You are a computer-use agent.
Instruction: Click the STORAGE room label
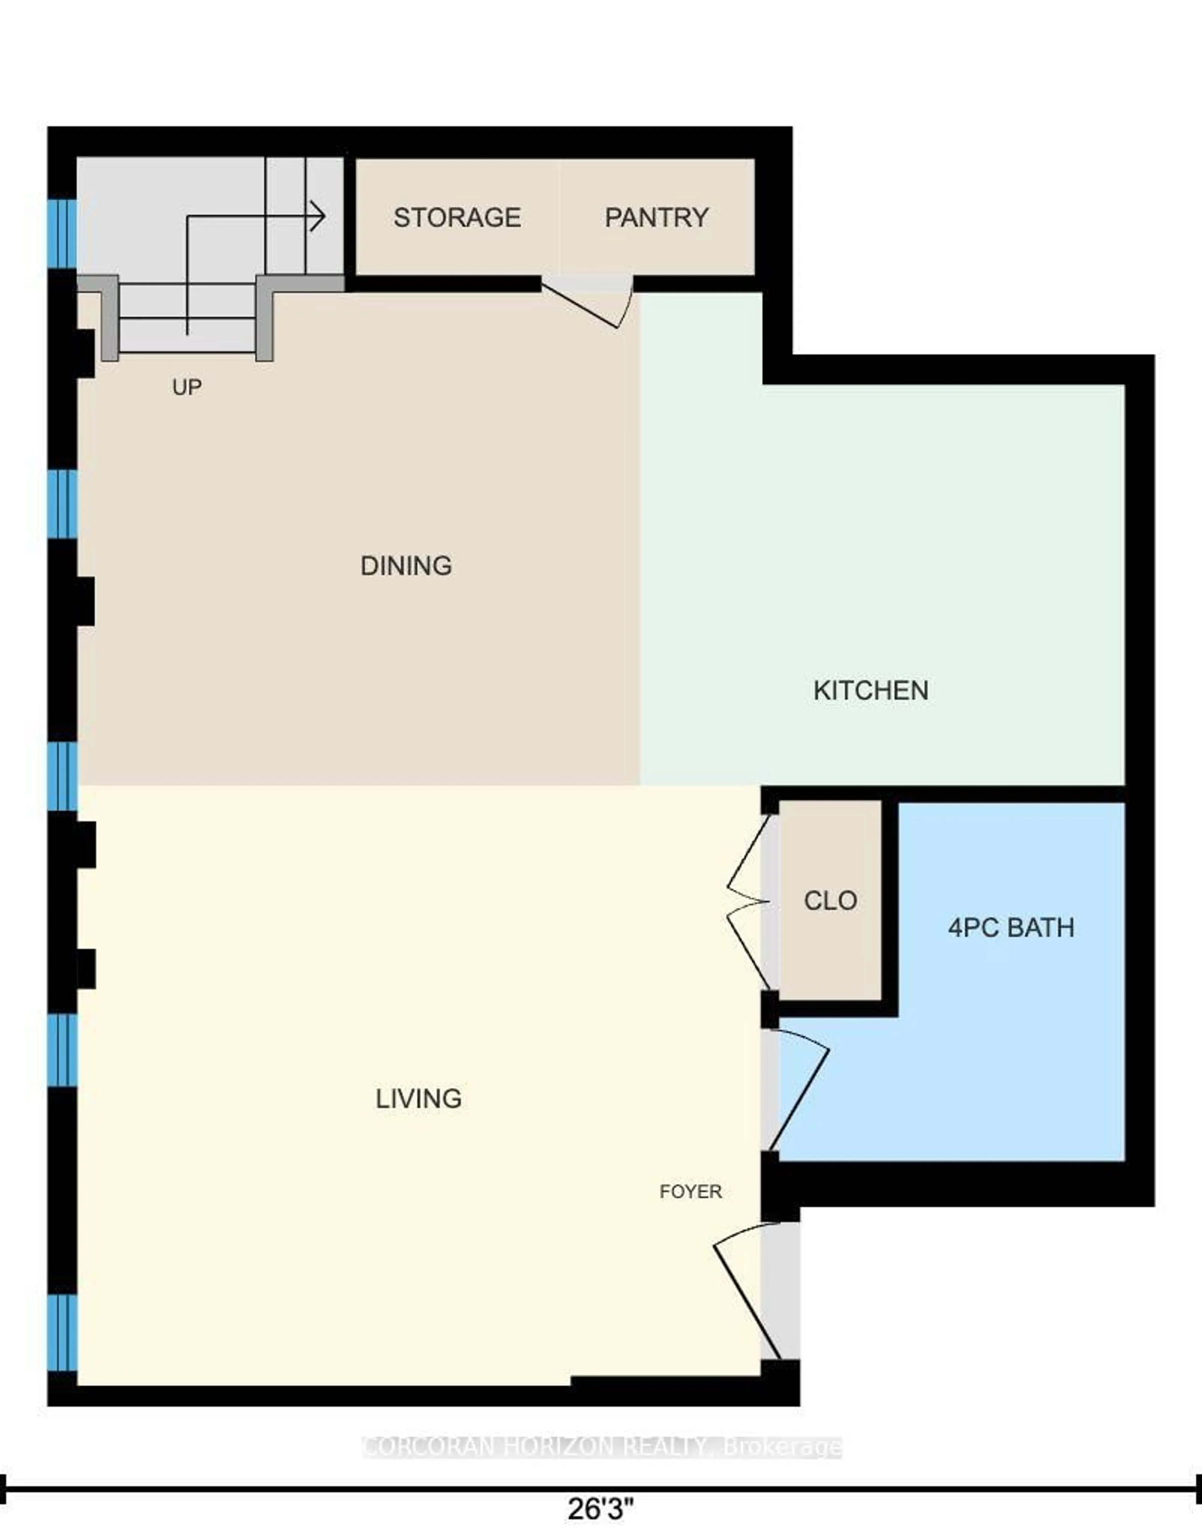(457, 218)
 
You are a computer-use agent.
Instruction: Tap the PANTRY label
(657, 218)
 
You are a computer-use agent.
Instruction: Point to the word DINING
(406, 565)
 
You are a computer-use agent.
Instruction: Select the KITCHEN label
(871, 690)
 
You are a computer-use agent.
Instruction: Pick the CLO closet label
(830, 901)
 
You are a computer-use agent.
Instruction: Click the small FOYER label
(691, 1191)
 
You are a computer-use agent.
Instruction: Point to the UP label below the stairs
(187, 386)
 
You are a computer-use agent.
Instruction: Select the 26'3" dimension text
(600, 1509)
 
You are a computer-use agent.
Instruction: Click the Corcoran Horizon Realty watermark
(602, 1447)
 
